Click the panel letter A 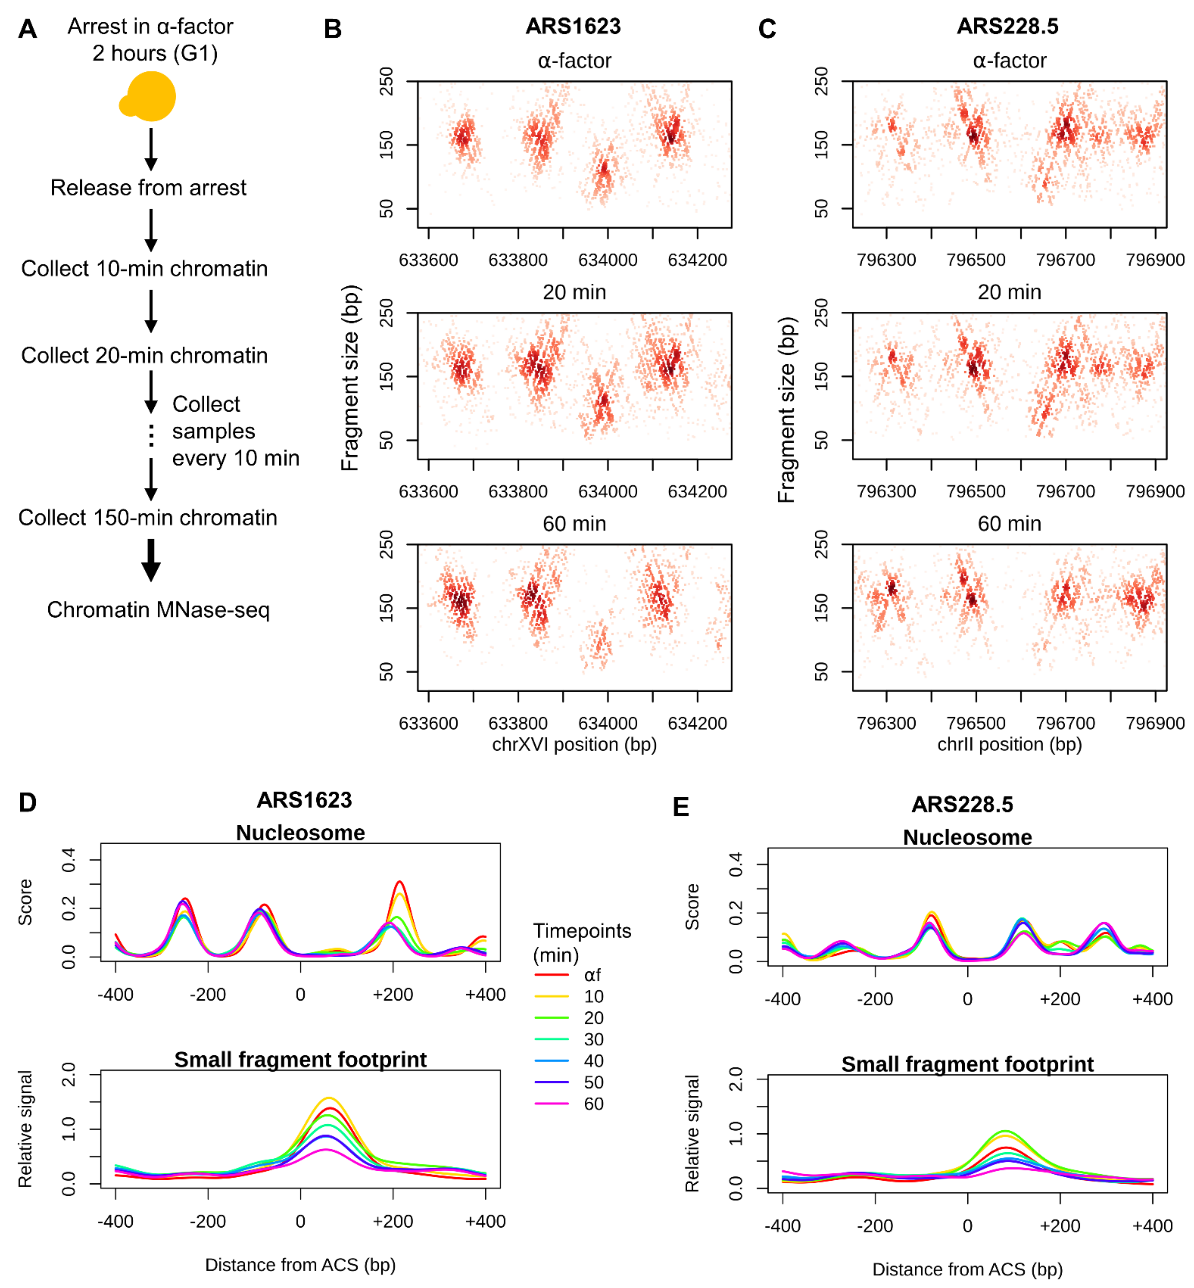[27, 29]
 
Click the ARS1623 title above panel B [573, 26]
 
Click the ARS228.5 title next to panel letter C [1007, 26]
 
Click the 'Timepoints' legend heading [582, 931]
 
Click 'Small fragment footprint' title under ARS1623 [300, 1059]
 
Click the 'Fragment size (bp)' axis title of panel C [786, 410]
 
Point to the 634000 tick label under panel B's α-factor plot [607, 260]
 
